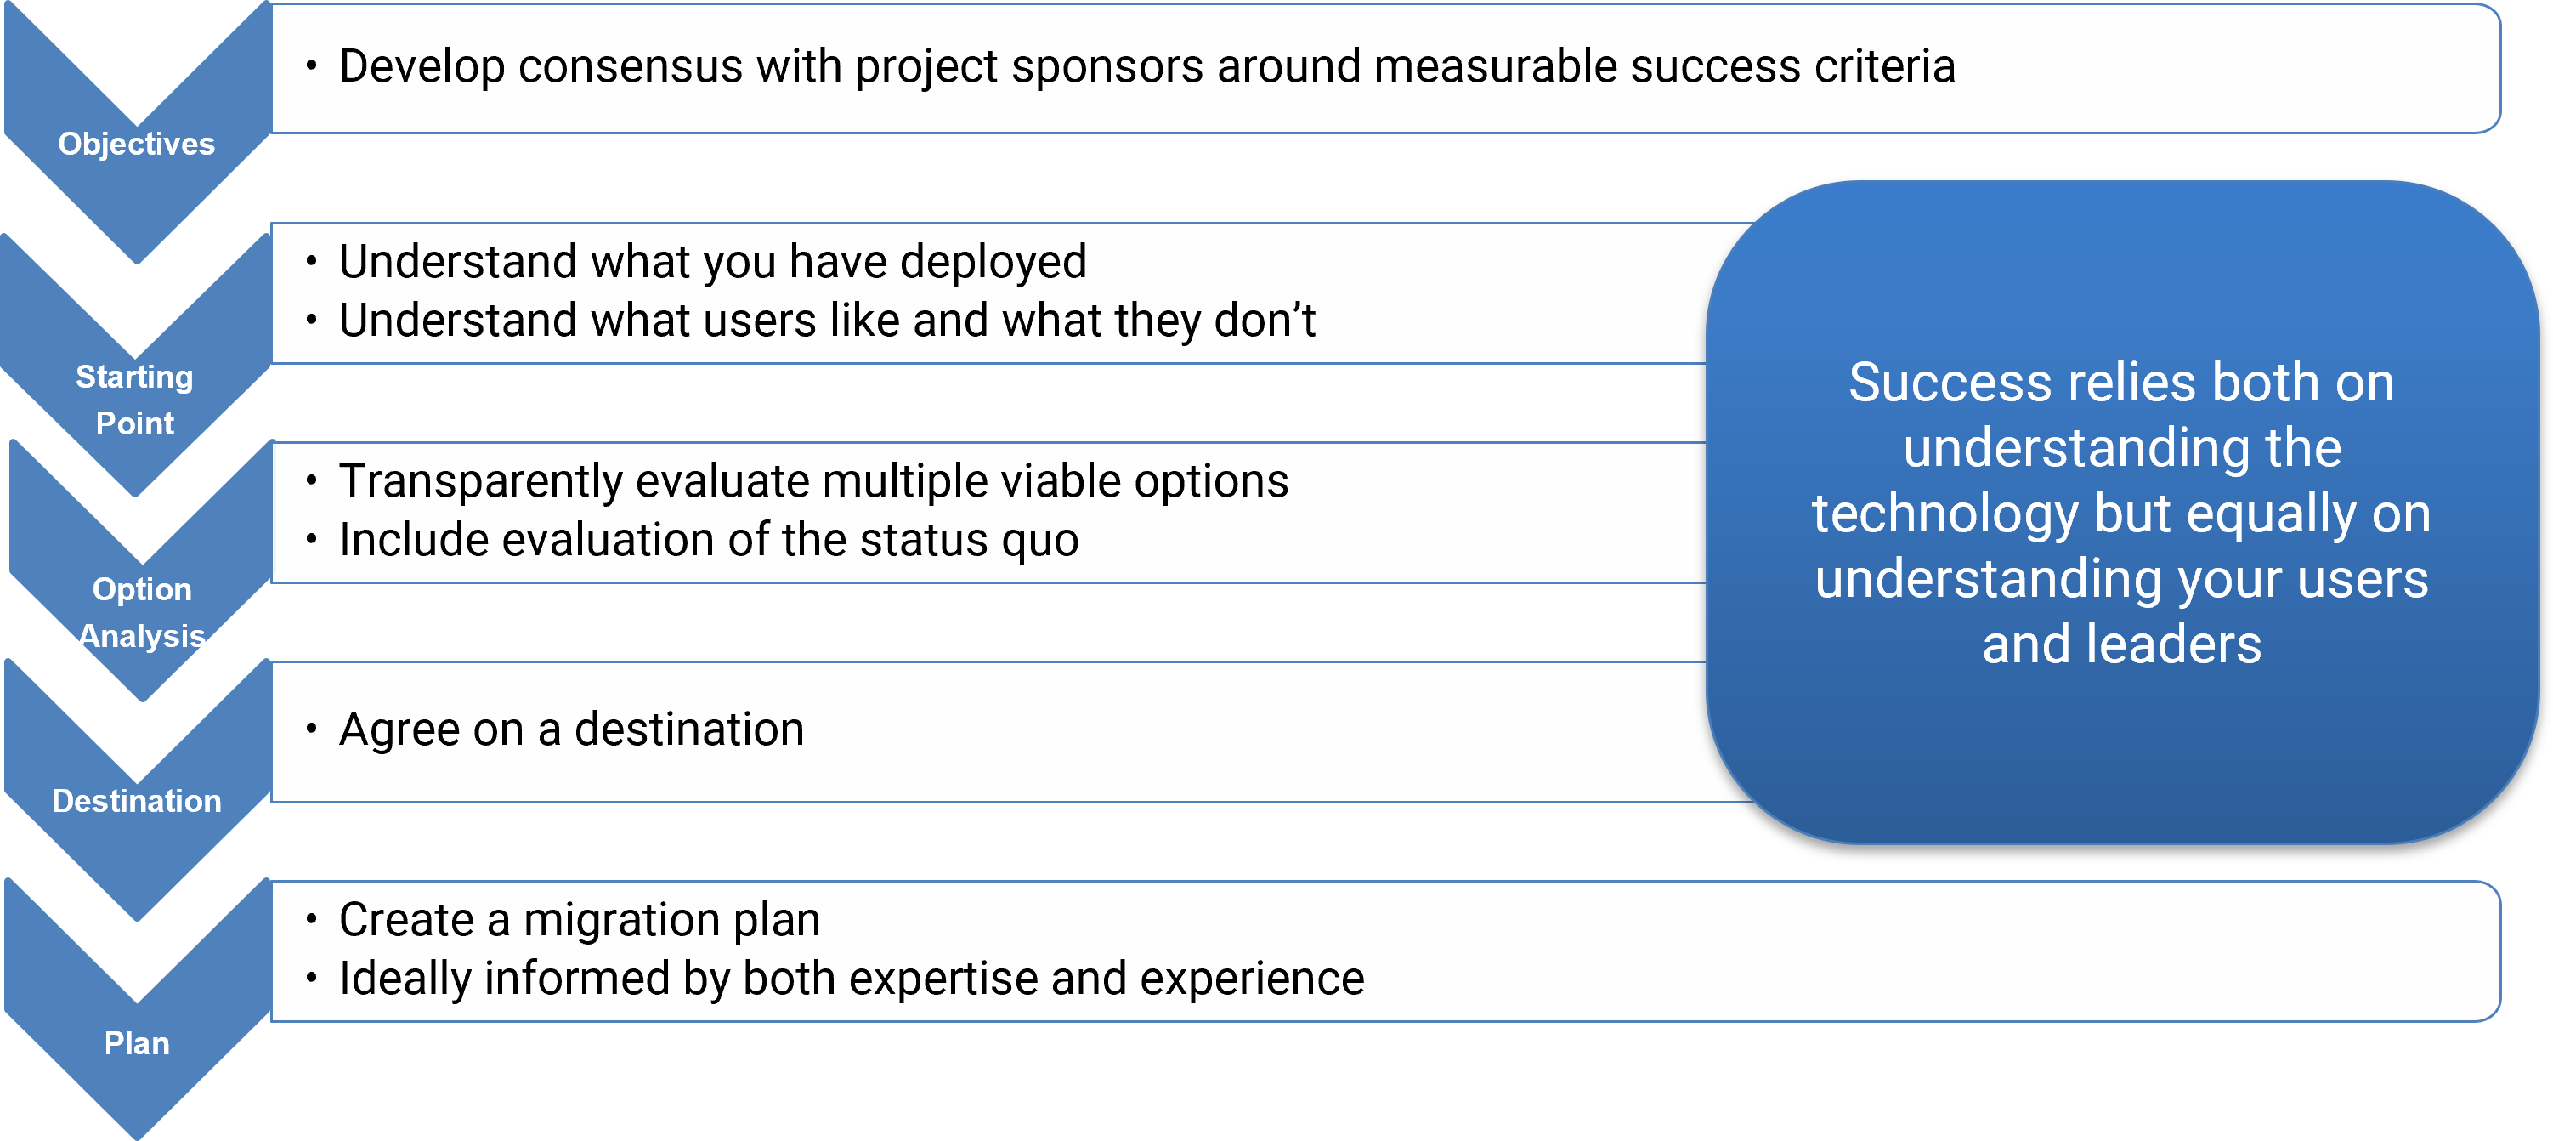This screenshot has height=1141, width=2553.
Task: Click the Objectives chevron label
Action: [x=137, y=145]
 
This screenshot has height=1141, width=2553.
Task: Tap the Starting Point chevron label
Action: [x=135, y=400]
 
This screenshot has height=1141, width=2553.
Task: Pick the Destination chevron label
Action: [x=137, y=801]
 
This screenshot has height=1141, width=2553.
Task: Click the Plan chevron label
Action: [x=137, y=1044]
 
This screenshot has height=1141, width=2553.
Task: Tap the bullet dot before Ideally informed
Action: [x=311, y=979]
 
